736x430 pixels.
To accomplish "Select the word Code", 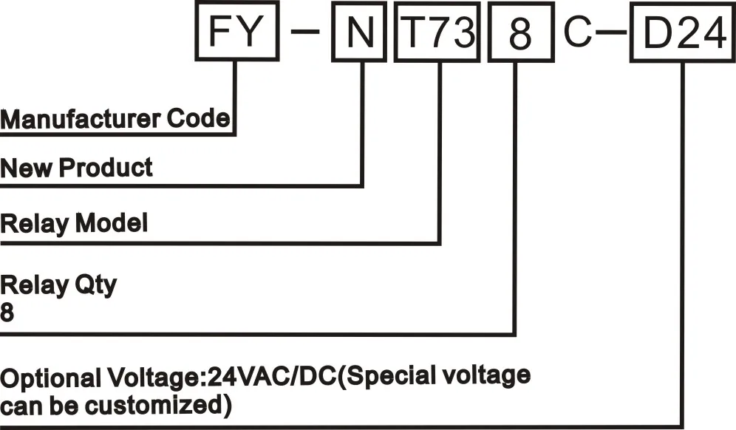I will [x=200, y=118].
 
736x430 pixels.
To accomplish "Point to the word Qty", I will [x=95, y=285].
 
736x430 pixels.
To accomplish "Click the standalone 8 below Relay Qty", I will [x=7, y=312].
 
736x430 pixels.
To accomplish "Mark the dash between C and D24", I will [x=611, y=36].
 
